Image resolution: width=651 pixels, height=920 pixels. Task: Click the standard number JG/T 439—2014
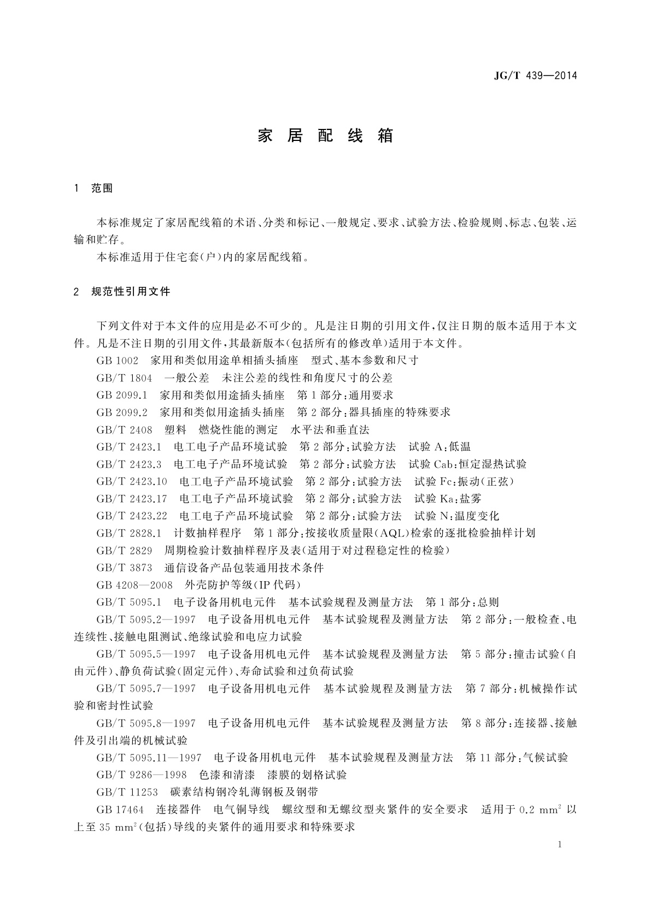coord(536,76)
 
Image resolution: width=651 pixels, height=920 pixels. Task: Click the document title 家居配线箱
coord(325,136)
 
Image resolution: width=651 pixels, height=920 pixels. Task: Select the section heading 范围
coord(102,188)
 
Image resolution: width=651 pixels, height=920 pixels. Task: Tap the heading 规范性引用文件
coord(131,292)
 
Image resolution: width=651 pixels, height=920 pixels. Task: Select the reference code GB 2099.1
coord(122,395)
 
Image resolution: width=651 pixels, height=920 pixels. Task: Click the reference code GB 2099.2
coord(122,412)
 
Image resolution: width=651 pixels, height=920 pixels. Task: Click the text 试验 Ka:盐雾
coord(448,499)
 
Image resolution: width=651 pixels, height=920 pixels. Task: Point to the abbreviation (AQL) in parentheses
coord(391,533)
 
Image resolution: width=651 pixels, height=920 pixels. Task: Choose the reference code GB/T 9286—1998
coord(142,775)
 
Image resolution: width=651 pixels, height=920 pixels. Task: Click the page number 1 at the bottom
coord(561,845)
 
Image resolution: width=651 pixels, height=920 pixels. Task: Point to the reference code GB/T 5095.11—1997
coord(149,758)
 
